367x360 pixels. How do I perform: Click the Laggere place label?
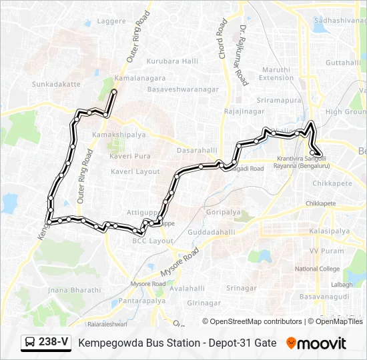click(x=111, y=21)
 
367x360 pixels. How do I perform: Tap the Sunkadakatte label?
click(x=56, y=85)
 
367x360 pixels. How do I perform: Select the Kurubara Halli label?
click(x=173, y=61)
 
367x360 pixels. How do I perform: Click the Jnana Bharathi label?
click(x=75, y=290)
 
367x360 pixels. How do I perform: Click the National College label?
click(x=317, y=269)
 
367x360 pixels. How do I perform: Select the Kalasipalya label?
click(x=330, y=231)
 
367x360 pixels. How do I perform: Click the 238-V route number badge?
click(x=46, y=342)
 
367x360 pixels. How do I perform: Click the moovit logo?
click(x=316, y=343)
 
